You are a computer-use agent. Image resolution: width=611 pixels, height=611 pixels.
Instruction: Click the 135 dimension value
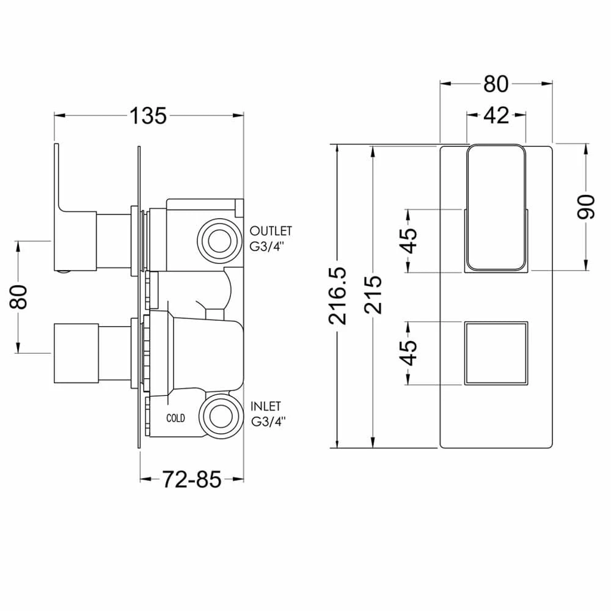coord(148,115)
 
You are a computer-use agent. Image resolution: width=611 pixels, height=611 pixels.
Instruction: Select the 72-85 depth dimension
coord(191,480)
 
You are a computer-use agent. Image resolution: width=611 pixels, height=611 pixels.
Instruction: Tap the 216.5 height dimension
coord(338,295)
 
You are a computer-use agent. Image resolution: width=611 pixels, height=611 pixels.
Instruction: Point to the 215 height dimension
coord(372,295)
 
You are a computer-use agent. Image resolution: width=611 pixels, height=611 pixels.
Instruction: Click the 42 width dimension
coord(496,114)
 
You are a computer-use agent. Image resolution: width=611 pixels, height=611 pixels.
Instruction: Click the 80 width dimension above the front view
coord(496,84)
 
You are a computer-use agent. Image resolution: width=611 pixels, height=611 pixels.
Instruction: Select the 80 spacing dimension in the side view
coord(20,297)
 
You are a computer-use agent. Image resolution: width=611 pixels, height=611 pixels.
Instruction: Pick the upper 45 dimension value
coord(409,241)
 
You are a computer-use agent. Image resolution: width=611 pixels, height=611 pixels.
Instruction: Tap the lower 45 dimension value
coord(409,353)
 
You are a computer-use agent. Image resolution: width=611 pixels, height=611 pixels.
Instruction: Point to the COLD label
coord(175,419)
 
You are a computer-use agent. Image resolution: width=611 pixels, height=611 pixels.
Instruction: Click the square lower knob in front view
coord(496,353)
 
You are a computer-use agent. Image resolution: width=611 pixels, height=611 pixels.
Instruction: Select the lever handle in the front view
coord(496,208)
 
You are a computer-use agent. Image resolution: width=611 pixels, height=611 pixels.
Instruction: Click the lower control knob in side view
coord(76,352)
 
